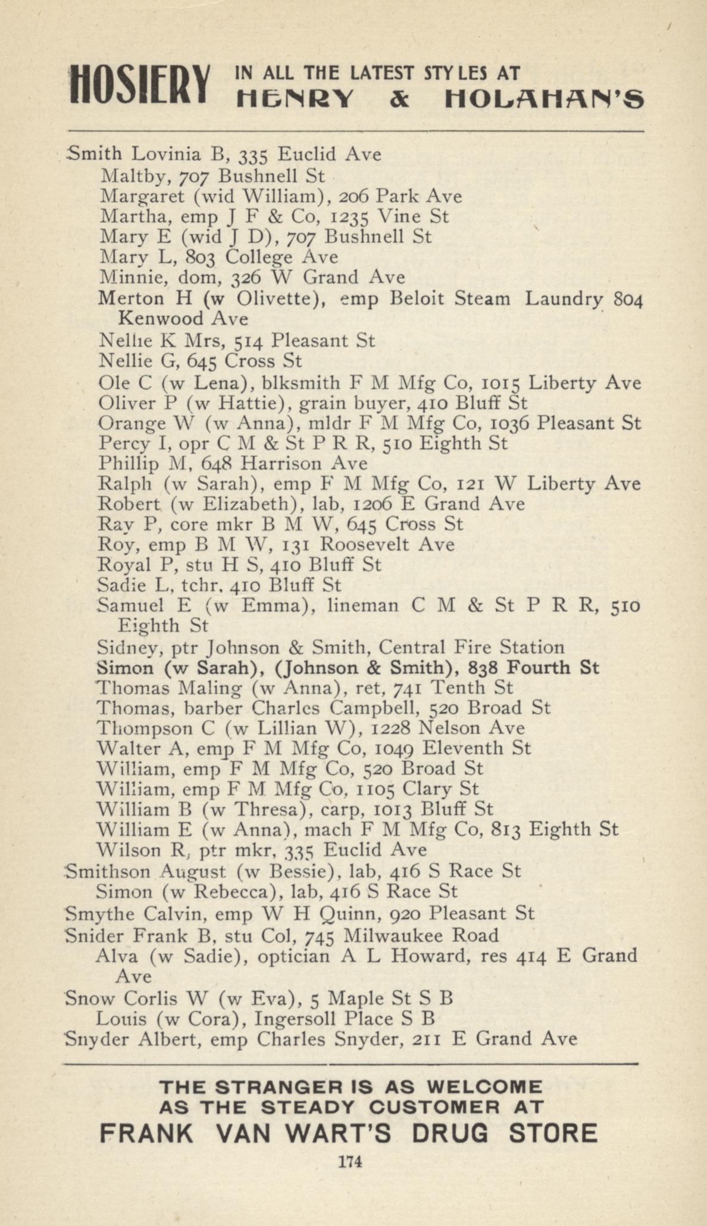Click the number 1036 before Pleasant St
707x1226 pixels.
pos(509,423)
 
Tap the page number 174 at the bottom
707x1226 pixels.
pos(350,1161)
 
